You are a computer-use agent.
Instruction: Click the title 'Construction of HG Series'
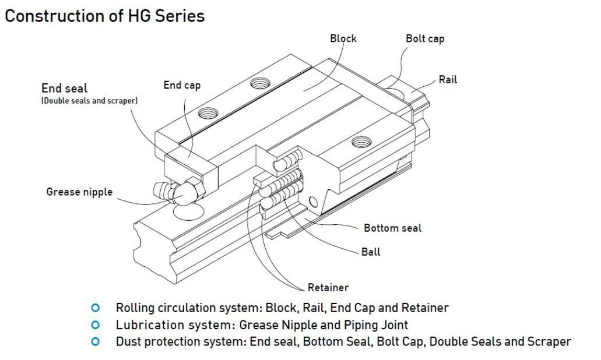105,16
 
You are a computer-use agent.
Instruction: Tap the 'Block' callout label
343,38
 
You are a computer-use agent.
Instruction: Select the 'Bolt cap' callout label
425,39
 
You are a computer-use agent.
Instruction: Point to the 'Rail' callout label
448,80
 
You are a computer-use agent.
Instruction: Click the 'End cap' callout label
182,86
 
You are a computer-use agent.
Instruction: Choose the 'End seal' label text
64,89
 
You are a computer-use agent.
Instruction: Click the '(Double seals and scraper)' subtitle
89,101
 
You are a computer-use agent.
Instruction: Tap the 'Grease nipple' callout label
79,192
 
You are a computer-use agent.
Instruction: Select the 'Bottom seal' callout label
392,228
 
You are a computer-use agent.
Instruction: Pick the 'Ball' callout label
371,252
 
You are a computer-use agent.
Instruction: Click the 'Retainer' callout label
328,287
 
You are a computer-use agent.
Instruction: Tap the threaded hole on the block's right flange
361,141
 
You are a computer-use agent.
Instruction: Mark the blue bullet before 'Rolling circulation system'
96,308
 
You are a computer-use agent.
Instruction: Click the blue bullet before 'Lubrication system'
96,324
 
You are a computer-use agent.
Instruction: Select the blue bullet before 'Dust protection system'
96,342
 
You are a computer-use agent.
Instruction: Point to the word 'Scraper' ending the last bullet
549,342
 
